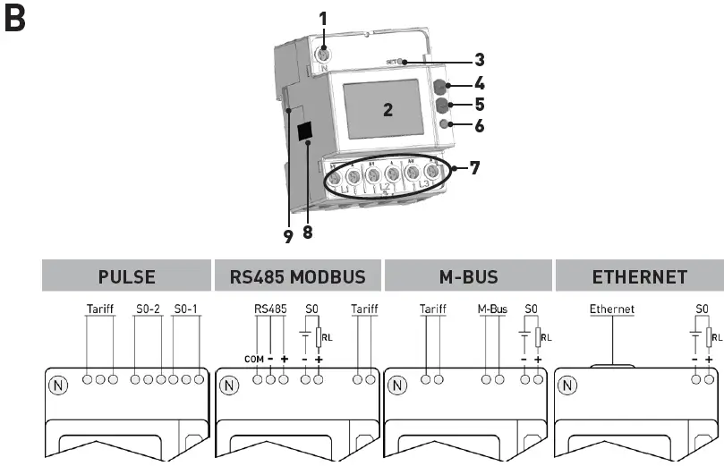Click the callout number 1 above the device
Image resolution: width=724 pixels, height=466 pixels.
coord(324,16)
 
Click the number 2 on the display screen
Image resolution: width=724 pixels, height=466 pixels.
coord(388,110)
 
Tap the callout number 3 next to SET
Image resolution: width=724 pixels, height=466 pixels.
coord(480,61)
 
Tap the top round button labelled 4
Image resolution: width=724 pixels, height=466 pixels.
coord(439,87)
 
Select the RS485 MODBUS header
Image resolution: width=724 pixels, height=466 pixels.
coord(292,277)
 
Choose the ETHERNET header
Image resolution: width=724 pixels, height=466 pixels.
coord(639,277)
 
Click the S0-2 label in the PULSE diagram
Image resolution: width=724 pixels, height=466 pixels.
coord(146,309)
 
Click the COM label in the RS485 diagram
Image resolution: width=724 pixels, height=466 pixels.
coord(252,359)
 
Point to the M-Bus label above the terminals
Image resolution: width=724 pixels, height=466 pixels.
coord(492,309)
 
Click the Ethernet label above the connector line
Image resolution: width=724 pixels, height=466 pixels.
coord(611,309)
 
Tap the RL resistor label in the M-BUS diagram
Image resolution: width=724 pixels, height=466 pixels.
coord(547,338)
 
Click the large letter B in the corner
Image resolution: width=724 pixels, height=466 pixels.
coord(17,20)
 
